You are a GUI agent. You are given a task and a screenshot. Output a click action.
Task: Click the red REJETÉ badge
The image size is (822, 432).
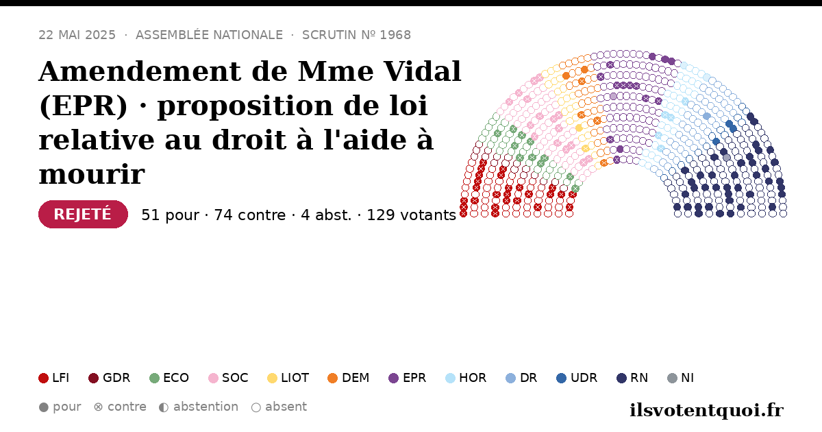[83, 214]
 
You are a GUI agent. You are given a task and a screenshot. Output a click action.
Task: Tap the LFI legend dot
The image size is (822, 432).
[43, 378]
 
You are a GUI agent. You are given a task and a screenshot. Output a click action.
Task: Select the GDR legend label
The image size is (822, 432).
[116, 378]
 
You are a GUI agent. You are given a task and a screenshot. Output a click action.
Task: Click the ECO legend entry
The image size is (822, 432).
[169, 378]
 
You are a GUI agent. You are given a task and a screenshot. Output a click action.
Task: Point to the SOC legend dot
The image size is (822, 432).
[213, 378]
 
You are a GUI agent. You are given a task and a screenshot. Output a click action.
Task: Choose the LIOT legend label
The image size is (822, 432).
[295, 378]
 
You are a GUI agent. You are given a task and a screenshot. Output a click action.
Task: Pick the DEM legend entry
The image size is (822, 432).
[348, 378]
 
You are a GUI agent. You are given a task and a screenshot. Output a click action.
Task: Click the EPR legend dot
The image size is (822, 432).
[393, 378]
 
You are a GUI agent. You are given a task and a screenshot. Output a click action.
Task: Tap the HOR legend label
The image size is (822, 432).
[473, 378]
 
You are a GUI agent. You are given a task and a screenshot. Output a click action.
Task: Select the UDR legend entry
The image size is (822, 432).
[577, 378]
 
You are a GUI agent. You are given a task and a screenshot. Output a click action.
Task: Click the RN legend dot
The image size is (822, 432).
[622, 378]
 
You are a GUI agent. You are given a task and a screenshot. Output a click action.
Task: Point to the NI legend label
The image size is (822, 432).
[687, 378]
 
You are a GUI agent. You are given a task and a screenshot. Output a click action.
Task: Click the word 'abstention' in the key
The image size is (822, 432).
[206, 407]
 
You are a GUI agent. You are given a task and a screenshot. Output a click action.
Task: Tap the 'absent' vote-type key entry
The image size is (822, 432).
[279, 407]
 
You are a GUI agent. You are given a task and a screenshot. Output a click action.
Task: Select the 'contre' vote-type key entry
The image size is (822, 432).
[120, 407]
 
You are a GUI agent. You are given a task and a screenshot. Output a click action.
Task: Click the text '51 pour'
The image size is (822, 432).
[171, 215]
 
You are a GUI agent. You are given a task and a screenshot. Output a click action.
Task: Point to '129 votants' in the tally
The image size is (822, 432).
[412, 215]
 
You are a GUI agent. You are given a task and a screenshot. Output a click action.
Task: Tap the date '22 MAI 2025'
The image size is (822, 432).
[77, 35]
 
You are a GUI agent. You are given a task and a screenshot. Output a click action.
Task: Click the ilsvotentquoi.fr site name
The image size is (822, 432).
[706, 410]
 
